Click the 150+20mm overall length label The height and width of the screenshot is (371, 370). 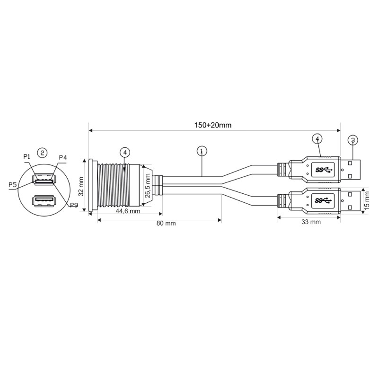(x=212, y=125)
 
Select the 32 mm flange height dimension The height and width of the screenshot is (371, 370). (x=81, y=186)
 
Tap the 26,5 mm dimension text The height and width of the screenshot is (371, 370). (x=148, y=186)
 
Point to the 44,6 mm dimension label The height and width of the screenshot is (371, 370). (x=128, y=210)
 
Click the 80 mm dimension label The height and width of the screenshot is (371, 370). (x=166, y=223)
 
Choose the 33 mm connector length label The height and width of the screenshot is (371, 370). (x=311, y=222)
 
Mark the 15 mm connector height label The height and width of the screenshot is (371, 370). (x=367, y=200)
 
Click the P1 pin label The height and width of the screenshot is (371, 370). (x=26, y=156)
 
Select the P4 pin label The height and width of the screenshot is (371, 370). (x=62, y=157)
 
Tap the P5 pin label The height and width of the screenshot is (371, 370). (x=12, y=185)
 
